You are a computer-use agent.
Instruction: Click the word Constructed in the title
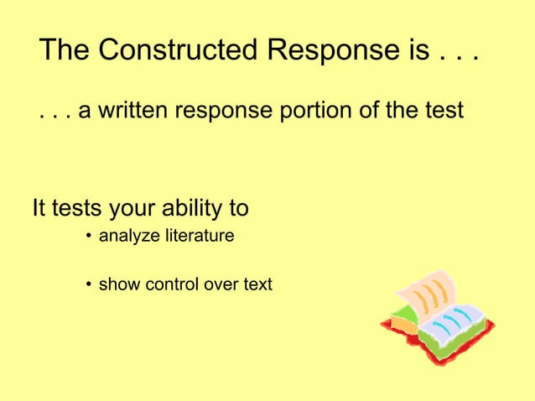tap(179, 50)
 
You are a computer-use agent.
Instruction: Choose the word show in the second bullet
tap(120, 284)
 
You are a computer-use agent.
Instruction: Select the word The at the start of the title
tap(65, 50)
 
